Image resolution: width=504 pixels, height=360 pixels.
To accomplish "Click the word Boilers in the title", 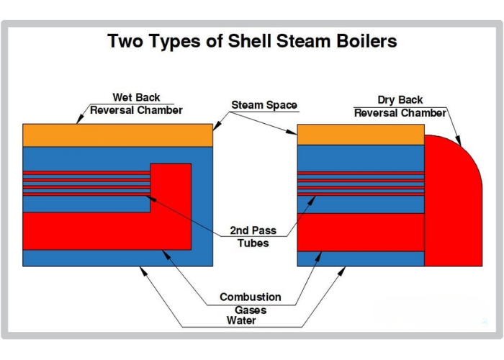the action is [366, 41].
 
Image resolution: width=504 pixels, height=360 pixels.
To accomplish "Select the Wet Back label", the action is [136, 97].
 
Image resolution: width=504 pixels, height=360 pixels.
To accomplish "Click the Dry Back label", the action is [400, 99].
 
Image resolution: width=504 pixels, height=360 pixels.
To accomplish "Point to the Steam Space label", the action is [264, 105].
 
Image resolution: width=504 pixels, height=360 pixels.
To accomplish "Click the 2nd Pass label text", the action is [253, 230].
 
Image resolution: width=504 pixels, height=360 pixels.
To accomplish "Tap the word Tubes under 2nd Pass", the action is [253, 243].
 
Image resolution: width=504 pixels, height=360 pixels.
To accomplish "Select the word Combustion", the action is [251, 297].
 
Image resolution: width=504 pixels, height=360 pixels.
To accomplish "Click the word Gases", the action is [251, 310].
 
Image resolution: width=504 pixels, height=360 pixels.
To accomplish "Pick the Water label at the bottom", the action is [241, 320].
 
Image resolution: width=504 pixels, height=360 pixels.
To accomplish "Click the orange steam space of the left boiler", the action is [117, 135].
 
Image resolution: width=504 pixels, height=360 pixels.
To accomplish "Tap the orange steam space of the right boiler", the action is [361, 135].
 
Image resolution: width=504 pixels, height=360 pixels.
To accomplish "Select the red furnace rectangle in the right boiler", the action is [361, 232].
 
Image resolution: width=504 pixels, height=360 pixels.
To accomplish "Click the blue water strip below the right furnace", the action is [361, 258].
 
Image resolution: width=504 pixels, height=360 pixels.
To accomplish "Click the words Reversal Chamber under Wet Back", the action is [136, 110].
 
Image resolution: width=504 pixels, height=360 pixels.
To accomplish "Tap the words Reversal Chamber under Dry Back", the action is [400, 113].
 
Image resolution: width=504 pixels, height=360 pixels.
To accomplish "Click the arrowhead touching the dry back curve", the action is [458, 141].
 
